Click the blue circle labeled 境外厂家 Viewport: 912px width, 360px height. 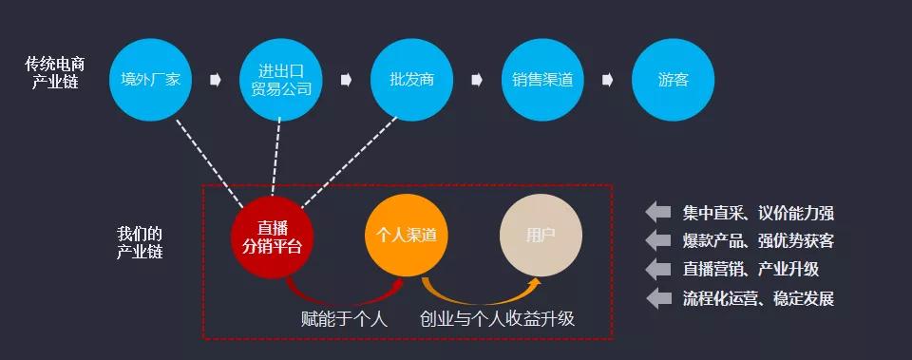(151, 80)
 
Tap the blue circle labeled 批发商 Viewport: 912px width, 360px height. (411, 80)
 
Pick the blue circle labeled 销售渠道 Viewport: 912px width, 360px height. (542, 80)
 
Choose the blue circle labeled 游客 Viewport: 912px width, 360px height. (673, 80)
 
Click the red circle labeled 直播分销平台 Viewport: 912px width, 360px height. (273, 235)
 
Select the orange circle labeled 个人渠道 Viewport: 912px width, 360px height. (407, 235)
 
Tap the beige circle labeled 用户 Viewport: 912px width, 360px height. (541, 235)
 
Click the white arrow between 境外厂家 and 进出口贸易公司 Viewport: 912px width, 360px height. (216, 80)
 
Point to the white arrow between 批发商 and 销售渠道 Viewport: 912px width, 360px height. (478, 80)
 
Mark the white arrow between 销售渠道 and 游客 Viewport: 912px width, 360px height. (608, 80)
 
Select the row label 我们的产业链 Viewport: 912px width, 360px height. (141, 243)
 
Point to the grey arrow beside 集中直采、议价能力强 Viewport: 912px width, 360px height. (657, 212)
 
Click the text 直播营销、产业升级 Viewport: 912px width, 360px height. (750, 269)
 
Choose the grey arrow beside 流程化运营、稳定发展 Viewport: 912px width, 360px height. (657, 298)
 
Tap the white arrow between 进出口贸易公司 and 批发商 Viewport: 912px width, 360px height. (346, 80)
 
